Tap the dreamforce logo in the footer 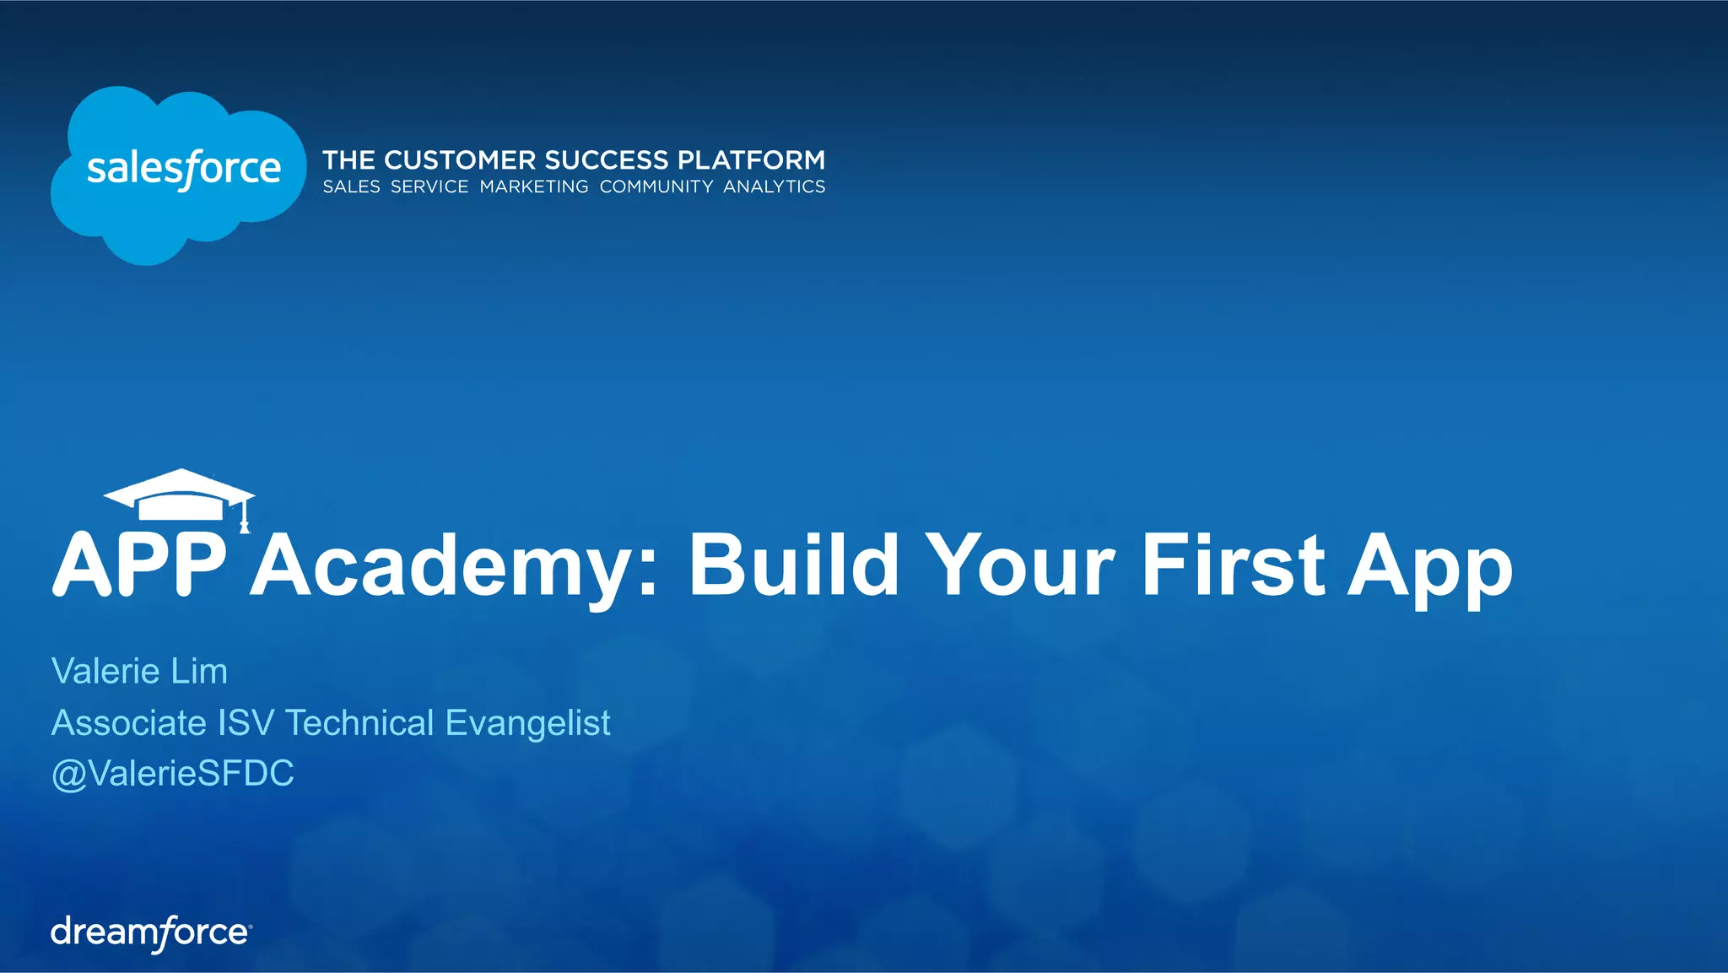(x=151, y=932)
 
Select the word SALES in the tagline (x=351, y=186)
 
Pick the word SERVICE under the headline (x=429, y=186)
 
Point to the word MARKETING (x=534, y=186)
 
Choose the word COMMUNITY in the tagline (x=656, y=186)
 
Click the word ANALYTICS (x=774, y=186)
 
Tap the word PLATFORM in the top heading (x=751, y=159)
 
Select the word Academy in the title (x=451, y=565)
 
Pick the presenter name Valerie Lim (x=139, y=671)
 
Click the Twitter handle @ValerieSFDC (x=173, y=773)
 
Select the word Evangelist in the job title (x=527, y=723)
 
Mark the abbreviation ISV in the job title (x=246, y=722)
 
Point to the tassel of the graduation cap (x=245, y=516)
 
